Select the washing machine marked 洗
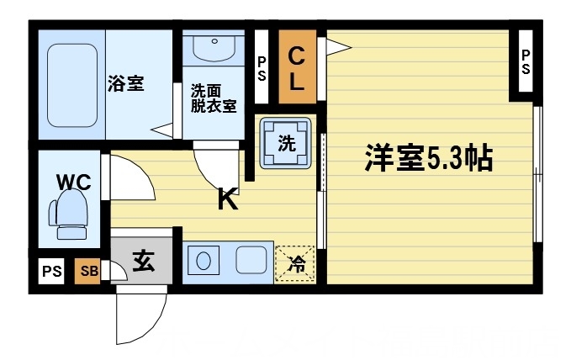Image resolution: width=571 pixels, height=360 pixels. [x=286, y=143]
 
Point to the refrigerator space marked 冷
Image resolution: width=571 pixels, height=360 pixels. [x=296, y=263]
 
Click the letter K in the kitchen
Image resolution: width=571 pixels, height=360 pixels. [x=227, y=199]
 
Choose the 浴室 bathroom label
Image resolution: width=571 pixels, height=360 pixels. [x=125, y=84]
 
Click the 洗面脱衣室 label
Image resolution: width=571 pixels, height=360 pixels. [x=212, y=98]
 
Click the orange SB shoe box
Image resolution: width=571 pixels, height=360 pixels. [x=87, y=270]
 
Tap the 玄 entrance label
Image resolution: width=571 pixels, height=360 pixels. [x=142, y=262]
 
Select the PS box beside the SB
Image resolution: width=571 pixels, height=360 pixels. [x=52, y=271]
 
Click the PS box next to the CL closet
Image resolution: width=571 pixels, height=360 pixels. [x=262, y=66]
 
